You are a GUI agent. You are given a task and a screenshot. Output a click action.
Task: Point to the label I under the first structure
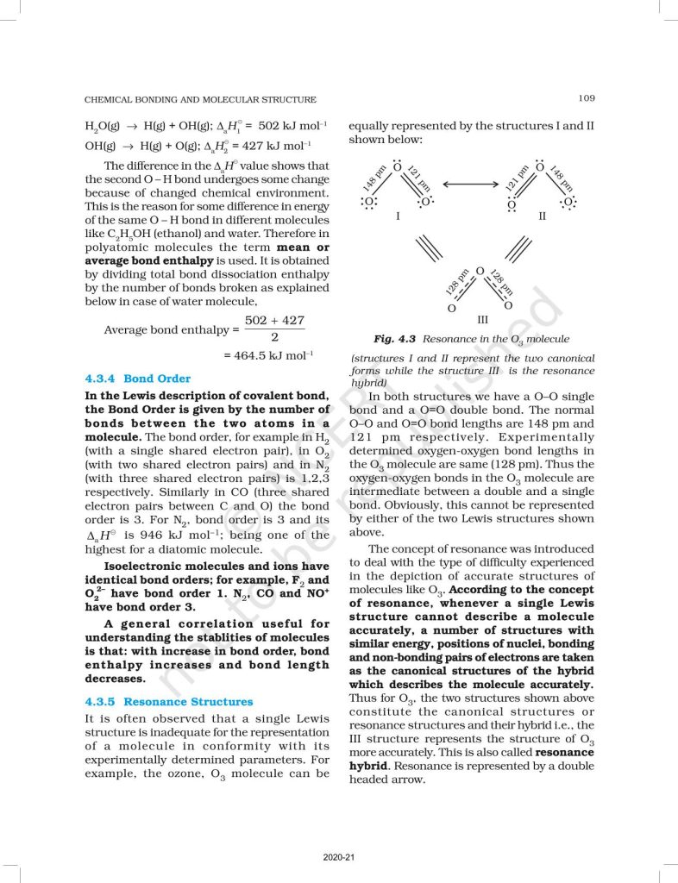click(397, 216)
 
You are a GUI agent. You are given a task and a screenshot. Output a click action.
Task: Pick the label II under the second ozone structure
click(542, 216)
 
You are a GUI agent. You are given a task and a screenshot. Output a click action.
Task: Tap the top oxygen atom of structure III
click(480, 272)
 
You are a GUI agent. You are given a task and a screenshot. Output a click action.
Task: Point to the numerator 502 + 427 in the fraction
click(274, 320)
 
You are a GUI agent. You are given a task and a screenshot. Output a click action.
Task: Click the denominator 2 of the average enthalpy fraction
click(274, 337)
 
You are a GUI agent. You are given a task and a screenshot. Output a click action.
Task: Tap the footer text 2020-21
click(339, 857)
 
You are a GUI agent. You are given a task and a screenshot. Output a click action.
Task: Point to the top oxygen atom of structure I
click(397, 166)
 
